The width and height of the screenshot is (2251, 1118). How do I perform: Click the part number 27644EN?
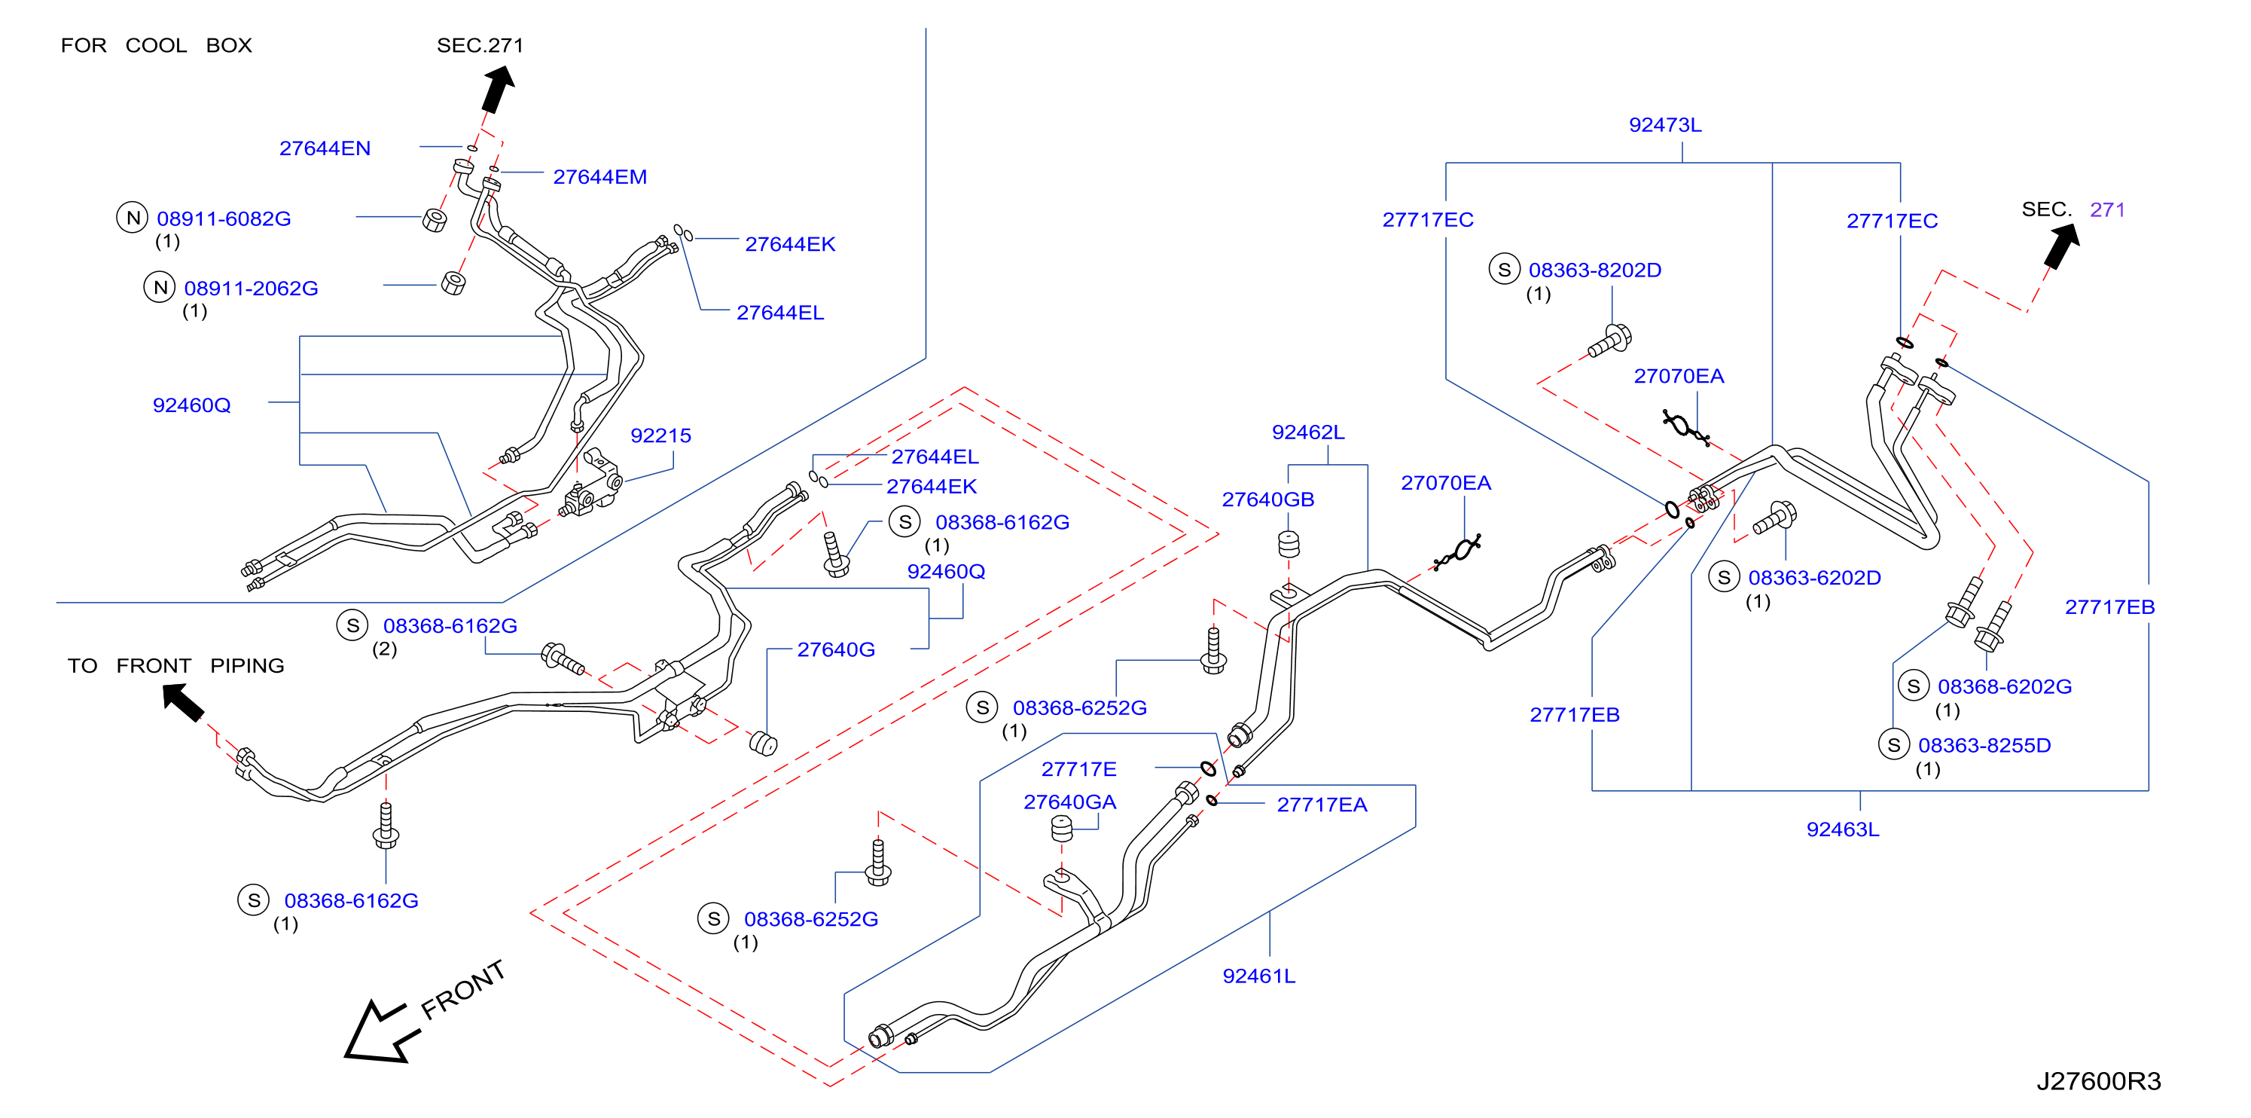[x=325, y=148]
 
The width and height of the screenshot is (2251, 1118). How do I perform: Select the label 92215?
[x=660, y=435]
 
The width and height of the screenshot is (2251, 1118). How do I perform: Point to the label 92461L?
[x=1258, y=976]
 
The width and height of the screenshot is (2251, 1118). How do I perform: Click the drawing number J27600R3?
[x=2098, y=1081]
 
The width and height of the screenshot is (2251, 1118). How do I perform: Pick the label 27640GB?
[x=1268, y=499]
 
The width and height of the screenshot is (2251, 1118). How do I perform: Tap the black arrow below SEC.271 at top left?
[x=498, y=90]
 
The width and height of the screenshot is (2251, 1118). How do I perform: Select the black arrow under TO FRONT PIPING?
[x=184, y=702]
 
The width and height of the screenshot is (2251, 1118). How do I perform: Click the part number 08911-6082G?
[x=224, y=218]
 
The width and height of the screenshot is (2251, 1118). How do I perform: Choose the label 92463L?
[x=1842, y=829]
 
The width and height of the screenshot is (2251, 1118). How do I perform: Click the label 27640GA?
[x=1069, y=802]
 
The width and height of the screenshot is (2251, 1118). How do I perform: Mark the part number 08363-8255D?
[x=1984, y=746]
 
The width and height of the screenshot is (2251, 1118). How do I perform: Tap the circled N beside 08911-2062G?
[x=160, y=287]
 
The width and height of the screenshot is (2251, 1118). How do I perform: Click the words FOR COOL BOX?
[x=157, y=45]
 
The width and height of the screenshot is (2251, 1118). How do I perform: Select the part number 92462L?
[x=1307, y=432]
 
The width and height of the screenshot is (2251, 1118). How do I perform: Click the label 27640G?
[x=835, y=649]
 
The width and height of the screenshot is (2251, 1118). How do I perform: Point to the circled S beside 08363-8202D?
[x=1504, y=269]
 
